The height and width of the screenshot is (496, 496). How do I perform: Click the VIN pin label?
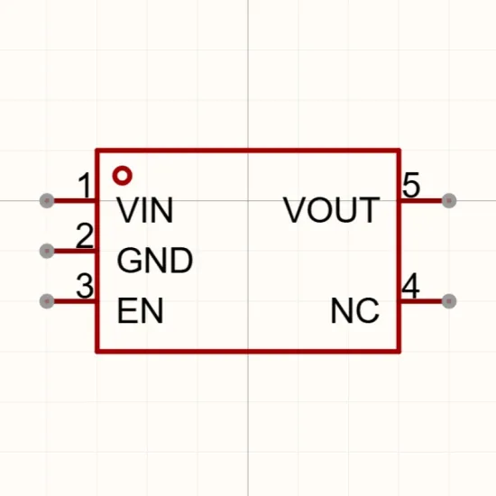[x=145, y=210]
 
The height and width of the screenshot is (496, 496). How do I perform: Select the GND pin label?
[x=155, y=261]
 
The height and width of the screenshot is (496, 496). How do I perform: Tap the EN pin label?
[x=140, y=310]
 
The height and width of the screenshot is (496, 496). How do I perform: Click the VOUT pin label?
[x=331, y=210]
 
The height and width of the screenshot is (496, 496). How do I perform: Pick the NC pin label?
[x=354, y=310]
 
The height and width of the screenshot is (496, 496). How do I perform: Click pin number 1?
[x=85, y=185]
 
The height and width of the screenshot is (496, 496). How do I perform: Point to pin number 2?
[x=85, y=235]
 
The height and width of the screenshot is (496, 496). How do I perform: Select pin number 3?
[x=85, y=286]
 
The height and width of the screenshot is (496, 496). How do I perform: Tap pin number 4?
[x=410, y=286]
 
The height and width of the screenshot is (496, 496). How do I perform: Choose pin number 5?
[x=411, y=185]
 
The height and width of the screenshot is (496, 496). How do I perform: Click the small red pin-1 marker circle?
[x=122, y=175]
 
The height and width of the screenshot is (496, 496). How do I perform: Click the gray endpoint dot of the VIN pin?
[x=47, y=200]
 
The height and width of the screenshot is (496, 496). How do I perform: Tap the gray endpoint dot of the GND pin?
[x=47, y=251]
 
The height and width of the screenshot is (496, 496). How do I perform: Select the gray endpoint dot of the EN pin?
[x=47, y=301]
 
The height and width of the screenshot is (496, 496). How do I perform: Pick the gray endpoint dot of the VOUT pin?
[x=449, y=200]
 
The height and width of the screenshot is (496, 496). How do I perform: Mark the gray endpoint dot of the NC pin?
[x=449, y=301]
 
